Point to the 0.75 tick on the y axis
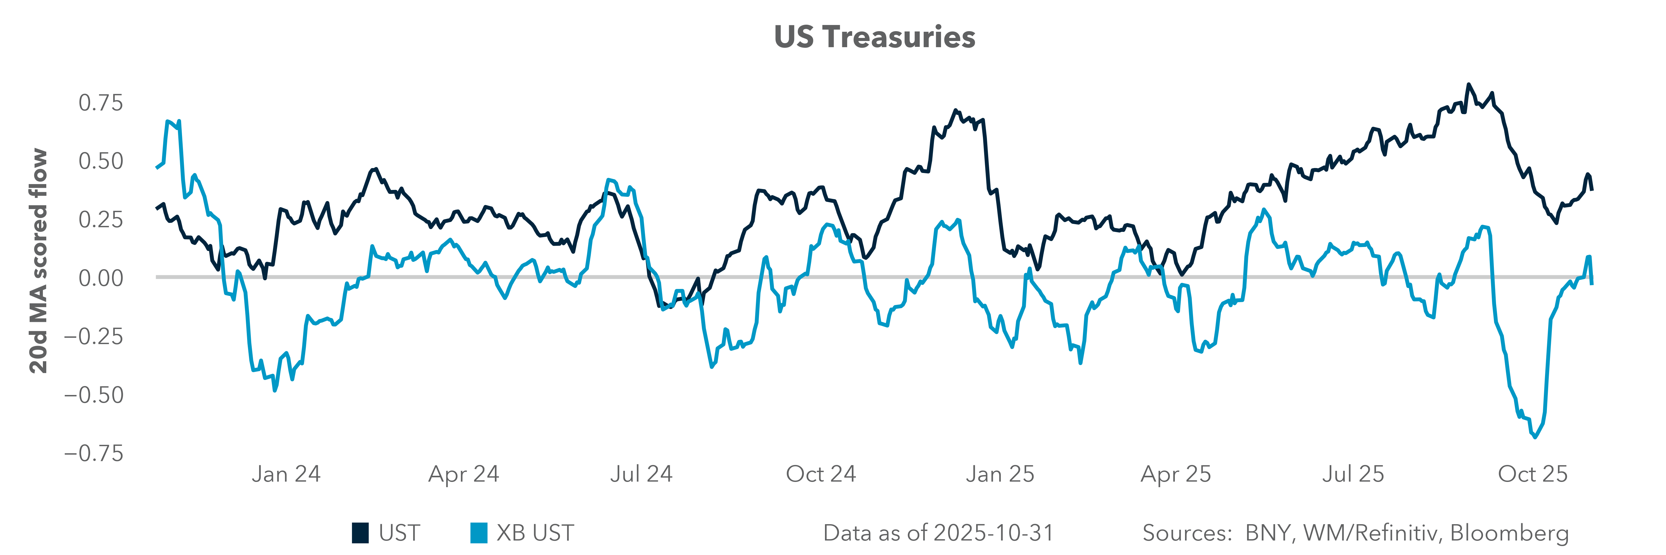point(100,103)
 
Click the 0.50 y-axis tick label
point(100,161)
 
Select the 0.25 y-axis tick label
point(100,220)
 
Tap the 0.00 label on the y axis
point(100,278)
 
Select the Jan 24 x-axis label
point(286,474)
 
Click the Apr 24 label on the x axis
point(464,474)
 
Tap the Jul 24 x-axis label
point(641,474)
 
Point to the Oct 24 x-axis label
point(821,474)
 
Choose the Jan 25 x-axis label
point(1000,474)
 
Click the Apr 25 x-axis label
point(1176,474)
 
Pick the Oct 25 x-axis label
point(1533,474)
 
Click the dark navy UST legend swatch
point(360,533)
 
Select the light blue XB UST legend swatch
point(479,533)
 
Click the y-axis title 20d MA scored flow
point(39,261)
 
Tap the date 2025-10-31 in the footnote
point(994,533)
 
